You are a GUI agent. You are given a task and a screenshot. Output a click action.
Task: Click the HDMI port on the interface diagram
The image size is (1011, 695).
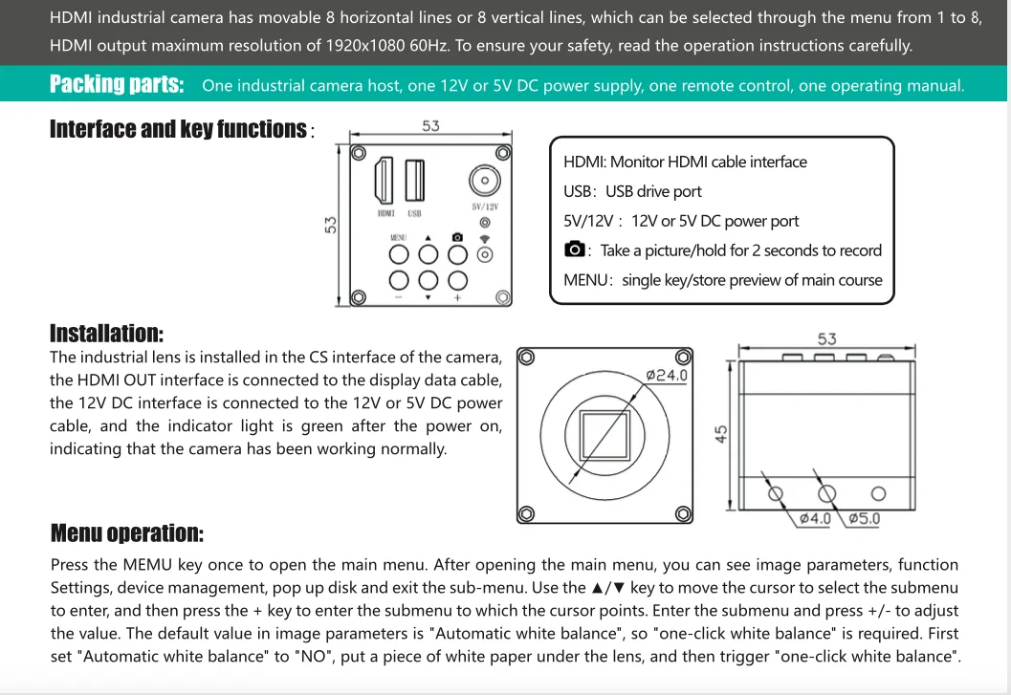pos(385,180)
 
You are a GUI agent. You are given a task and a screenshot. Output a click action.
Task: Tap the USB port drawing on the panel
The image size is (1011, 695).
pos(414,180)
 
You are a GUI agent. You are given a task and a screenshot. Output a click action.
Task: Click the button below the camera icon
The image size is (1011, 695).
pos(457,254)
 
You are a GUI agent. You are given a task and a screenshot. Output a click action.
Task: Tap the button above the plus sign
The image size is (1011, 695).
pos(457,279)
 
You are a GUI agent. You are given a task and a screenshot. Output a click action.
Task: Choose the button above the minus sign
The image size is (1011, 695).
pos(399,279)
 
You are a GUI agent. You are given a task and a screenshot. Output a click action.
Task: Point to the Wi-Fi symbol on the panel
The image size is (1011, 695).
pos(485,238)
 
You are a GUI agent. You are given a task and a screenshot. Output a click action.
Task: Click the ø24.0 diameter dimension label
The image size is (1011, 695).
pos(667,375)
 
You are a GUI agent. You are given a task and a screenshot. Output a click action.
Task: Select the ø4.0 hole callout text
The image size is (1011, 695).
pos(814,518)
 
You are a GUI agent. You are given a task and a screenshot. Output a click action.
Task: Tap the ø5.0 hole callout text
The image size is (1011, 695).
pos(863,518)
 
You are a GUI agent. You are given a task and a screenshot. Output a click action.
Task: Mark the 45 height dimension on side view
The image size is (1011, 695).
pos(722,434)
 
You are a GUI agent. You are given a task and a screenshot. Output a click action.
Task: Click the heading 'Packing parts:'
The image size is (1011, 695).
pos(117,84)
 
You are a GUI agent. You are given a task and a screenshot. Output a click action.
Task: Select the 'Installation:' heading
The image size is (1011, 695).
pos(106,333)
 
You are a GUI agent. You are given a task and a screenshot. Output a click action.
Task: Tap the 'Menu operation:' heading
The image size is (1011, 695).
pos(126,532)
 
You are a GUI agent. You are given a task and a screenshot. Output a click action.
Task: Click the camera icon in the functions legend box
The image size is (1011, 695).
pos(574,250)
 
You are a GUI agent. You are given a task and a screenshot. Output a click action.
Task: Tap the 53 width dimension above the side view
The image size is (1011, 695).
pos(826,338)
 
